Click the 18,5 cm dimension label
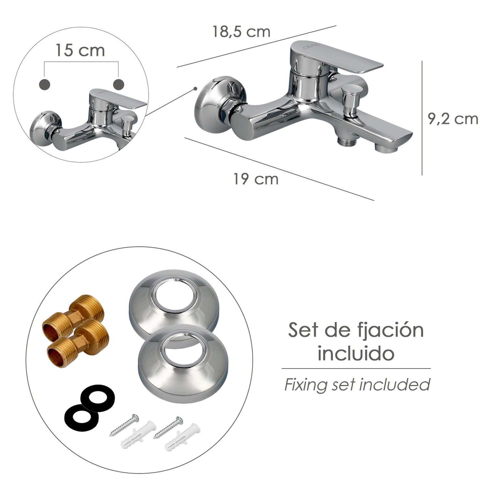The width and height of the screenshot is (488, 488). click(241, 32)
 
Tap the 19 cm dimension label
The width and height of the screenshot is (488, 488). click(256, 179)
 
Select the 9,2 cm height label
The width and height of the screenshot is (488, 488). click(453, 119)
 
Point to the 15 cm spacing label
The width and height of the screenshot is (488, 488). click(80, 50)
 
